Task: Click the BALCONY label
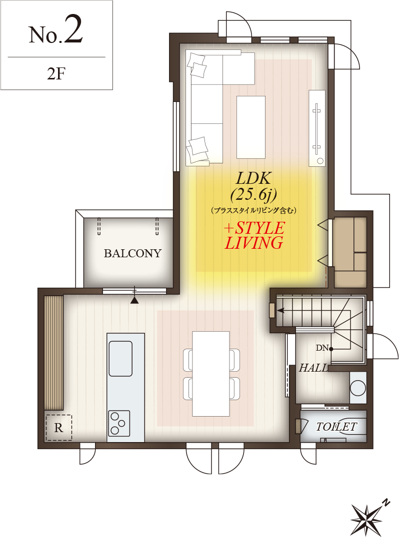point(132,253)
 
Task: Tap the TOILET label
point(336,427)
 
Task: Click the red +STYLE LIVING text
point(254,235)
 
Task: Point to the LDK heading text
point(253,179)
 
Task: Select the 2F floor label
point(56,73)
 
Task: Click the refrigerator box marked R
point(58,428)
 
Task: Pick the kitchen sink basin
point(120,359)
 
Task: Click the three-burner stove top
point(119,423)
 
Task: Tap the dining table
point(211,374)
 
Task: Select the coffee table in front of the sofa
point(251,127)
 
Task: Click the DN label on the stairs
point(322,348)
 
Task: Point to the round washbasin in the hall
point(358,388)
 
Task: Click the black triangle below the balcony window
point(134,300)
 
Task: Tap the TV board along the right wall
point(316,128)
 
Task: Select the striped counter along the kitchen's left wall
point(54,352)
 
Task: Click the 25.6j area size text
point(253,195)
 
